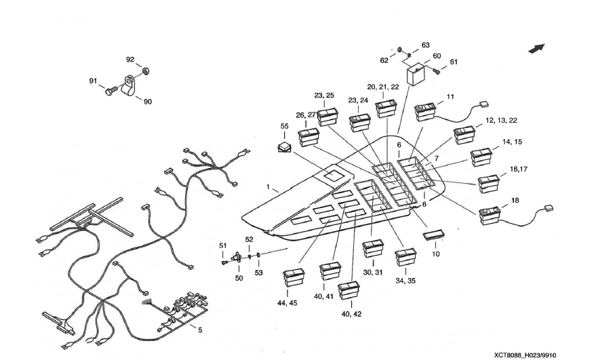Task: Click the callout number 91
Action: click(93, 81)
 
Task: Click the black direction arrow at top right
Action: click(537, 48)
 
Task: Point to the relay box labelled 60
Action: click(416, 73)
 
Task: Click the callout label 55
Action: click(285, 126)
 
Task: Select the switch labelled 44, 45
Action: click(294, 279)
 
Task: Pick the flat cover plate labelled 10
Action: click(433, 235)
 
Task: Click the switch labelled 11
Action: click(428, 111)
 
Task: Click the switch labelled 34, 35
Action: click(406, 258)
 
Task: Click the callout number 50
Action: click(239, 278)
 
